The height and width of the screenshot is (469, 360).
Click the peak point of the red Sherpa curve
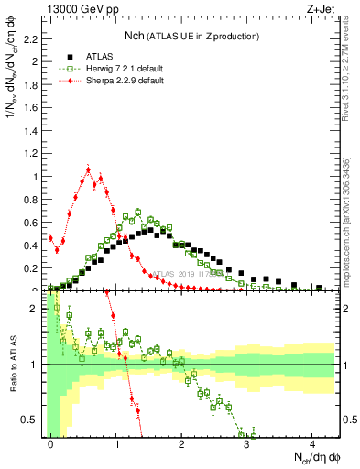tap(88, 169)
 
